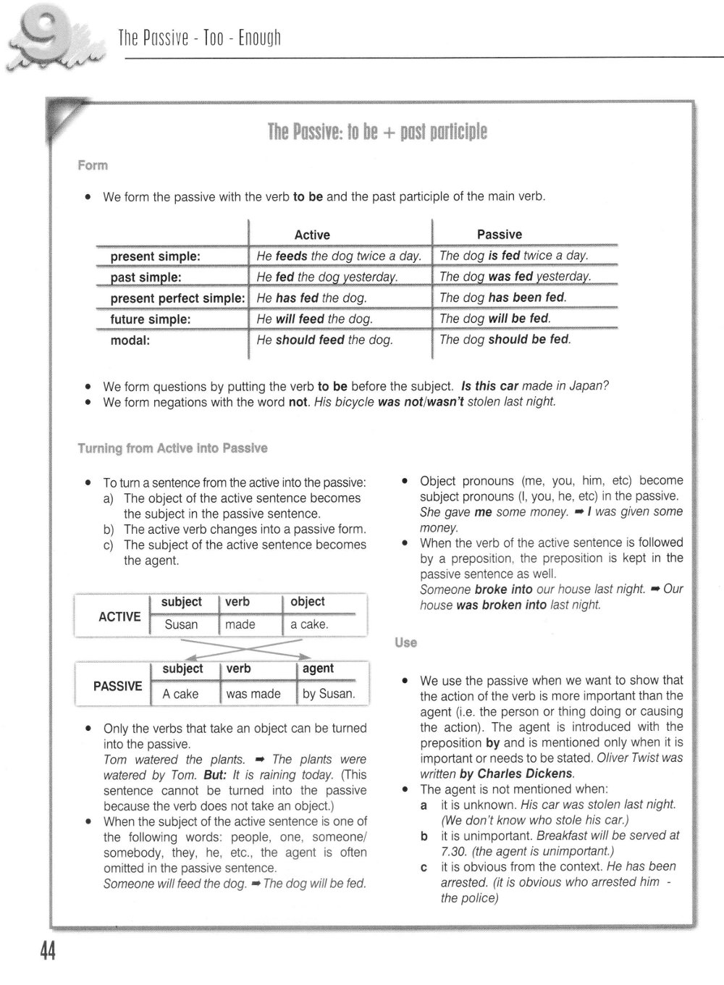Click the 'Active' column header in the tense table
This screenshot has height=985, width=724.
pos(312,235)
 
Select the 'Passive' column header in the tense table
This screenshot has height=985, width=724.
pos(499,234)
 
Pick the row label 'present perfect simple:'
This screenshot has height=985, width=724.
pos(177,298)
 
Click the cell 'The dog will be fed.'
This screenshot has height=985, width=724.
pos(495,319)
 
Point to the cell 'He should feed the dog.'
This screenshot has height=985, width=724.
pos(324,340)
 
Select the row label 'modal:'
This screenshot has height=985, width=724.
pos(130,340)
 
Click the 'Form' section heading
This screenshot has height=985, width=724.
pos(93,165)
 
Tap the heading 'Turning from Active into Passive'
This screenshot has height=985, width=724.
pos(172,448)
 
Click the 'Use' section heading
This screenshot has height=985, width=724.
pos(406,642)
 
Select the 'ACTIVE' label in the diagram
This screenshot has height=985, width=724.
pos(119,616)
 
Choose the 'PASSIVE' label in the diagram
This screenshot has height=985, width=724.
pos(118,685)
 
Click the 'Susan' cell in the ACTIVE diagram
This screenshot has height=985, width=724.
pos(181,624)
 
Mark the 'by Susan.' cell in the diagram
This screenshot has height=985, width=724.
pos(329,693)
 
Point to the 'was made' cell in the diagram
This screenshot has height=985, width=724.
pos(253,693)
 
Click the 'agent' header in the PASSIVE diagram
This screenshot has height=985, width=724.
pos(318,668)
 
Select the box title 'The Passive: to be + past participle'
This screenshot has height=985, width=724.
pos(377,132)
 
